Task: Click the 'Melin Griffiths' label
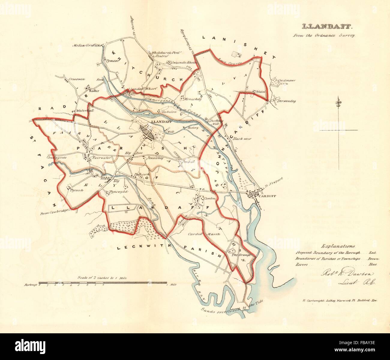[x=87, y=45]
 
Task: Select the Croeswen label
[x=77, y=79]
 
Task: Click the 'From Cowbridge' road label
[x=53, y=212]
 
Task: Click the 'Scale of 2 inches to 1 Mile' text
[x=102, y=278]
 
